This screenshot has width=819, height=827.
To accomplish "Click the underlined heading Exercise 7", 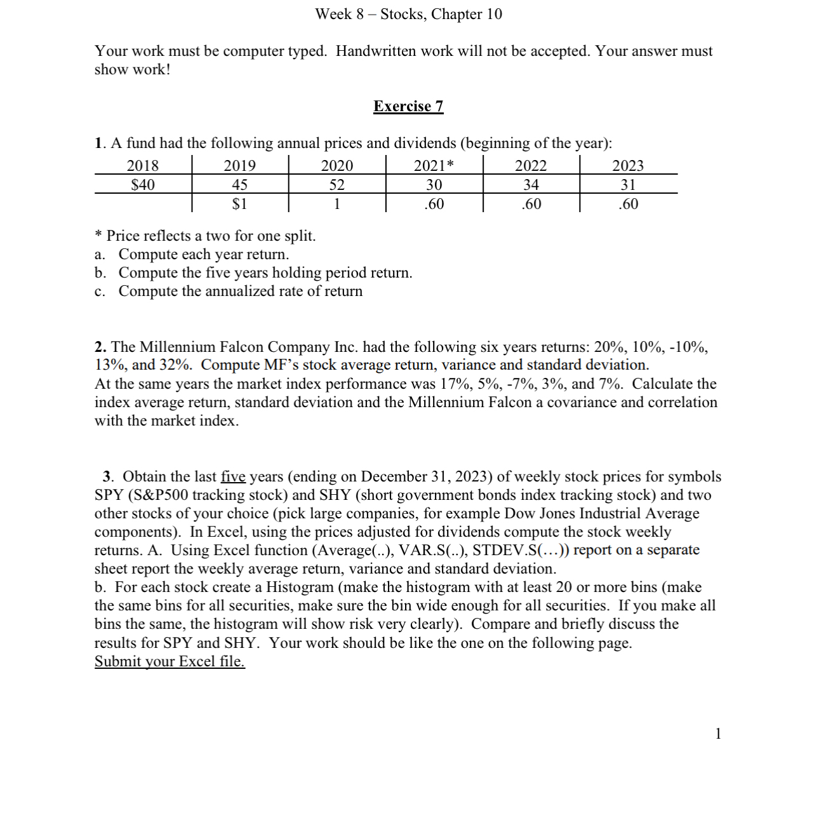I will (408, 106).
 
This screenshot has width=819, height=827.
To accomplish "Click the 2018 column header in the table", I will (143, 166).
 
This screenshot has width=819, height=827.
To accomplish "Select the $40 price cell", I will (143, 185).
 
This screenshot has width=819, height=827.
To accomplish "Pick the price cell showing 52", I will (337, 185).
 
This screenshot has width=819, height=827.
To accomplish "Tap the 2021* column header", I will (434, 166).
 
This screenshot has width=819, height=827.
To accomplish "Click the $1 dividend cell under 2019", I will (240, 204).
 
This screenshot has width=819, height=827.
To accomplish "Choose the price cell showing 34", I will (531, 185).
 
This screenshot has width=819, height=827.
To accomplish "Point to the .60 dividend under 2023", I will (628, 204).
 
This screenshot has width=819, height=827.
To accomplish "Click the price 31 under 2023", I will (628, 185).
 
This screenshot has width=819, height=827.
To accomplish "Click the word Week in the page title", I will (333, 14).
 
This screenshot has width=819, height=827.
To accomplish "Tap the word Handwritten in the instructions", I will (375, 51).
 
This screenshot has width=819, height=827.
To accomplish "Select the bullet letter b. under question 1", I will (100, 272).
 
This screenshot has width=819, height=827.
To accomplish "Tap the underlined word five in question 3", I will (233, 476).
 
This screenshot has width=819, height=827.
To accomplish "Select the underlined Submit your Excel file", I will (170, 661).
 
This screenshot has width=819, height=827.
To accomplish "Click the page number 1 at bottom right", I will (718, 734).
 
